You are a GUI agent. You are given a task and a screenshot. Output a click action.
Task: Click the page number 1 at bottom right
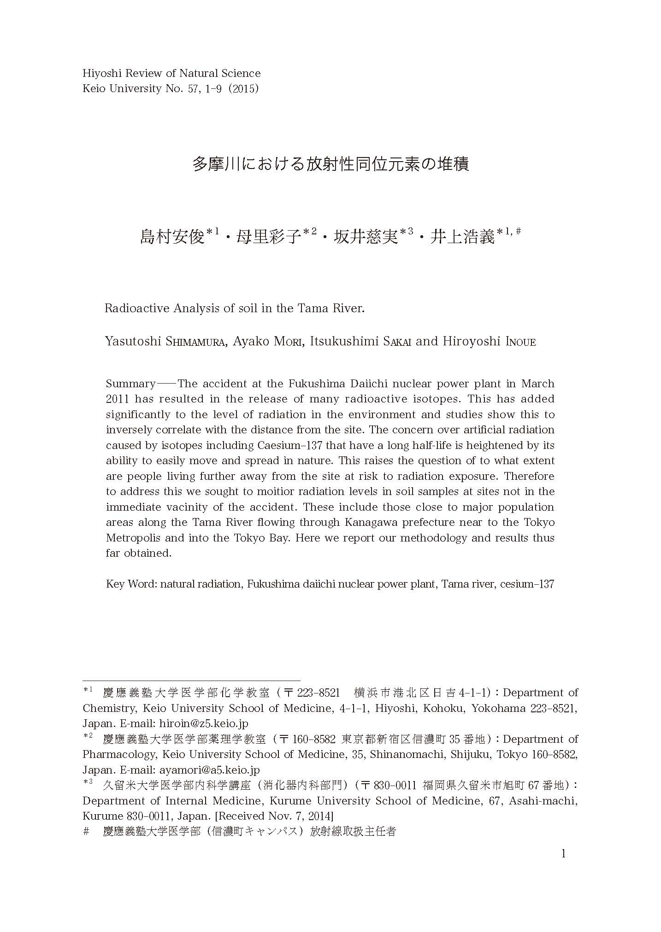pos(563,853)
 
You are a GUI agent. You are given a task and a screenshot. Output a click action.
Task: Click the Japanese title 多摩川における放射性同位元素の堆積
pos(330,164)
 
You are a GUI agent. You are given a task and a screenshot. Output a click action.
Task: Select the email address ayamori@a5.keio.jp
pos(209,769)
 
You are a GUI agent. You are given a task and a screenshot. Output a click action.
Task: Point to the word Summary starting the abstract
pos(130,384)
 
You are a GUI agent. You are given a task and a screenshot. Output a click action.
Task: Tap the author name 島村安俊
pos(172,237)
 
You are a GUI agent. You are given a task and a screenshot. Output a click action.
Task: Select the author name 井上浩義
pos(462,237)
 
